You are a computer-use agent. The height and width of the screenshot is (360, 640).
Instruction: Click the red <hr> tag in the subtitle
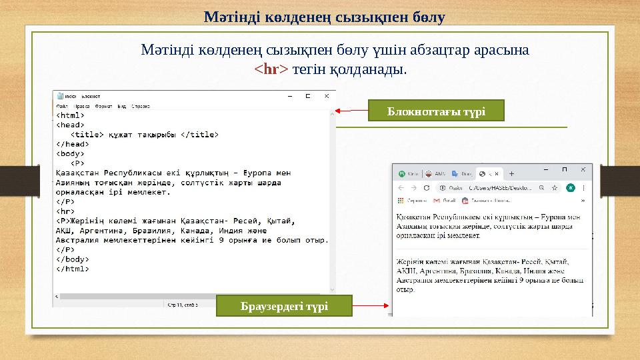tap(271, 69)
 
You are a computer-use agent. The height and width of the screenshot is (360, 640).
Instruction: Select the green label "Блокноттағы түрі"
tap(437, 110)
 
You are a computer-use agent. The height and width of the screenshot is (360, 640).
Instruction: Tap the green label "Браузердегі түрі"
tap(283, 306)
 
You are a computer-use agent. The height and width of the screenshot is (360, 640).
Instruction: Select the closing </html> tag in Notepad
tap(71, 269)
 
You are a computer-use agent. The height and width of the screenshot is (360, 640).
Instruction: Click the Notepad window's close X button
tap(325, 96)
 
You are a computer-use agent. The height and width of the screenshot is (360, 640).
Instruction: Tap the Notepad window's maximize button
tap(307, 96)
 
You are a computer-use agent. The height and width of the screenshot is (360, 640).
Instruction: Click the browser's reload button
tap(427, 189)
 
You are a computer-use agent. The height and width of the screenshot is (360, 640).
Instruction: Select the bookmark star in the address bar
tap(555, 189)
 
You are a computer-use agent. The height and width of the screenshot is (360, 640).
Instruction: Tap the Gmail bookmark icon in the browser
tap(437, 200)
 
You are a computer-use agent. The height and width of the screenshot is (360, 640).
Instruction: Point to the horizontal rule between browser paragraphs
tap(491, 249)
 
